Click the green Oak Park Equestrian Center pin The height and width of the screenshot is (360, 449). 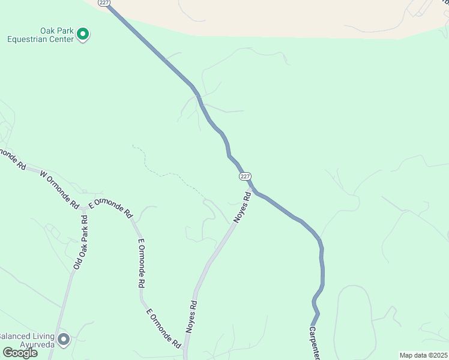(83, 35)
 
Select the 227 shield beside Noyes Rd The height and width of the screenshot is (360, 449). (244, 176)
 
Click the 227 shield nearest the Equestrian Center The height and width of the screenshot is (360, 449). (104, 3)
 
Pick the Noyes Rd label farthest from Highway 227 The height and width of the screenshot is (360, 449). (191, 316)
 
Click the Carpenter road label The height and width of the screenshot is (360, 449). (313, 343)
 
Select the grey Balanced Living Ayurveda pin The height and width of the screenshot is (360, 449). (64, 339)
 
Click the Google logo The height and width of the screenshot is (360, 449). (20, 353)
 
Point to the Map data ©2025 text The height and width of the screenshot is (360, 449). (423, 355)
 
